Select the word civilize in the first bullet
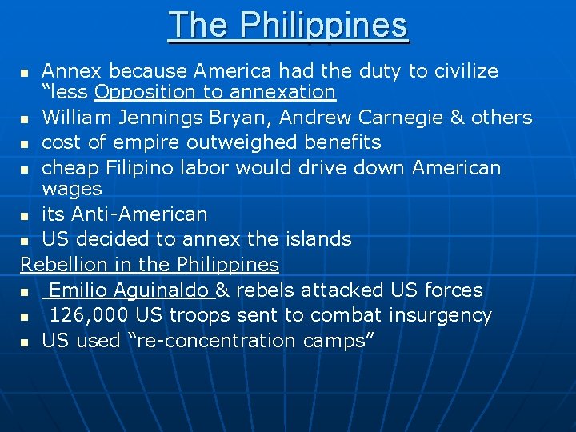464,71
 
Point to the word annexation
283,93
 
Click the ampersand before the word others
458,118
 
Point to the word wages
72,190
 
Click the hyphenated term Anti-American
139,214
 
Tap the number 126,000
88,315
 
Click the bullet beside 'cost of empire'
26,144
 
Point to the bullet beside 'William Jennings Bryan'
26,119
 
